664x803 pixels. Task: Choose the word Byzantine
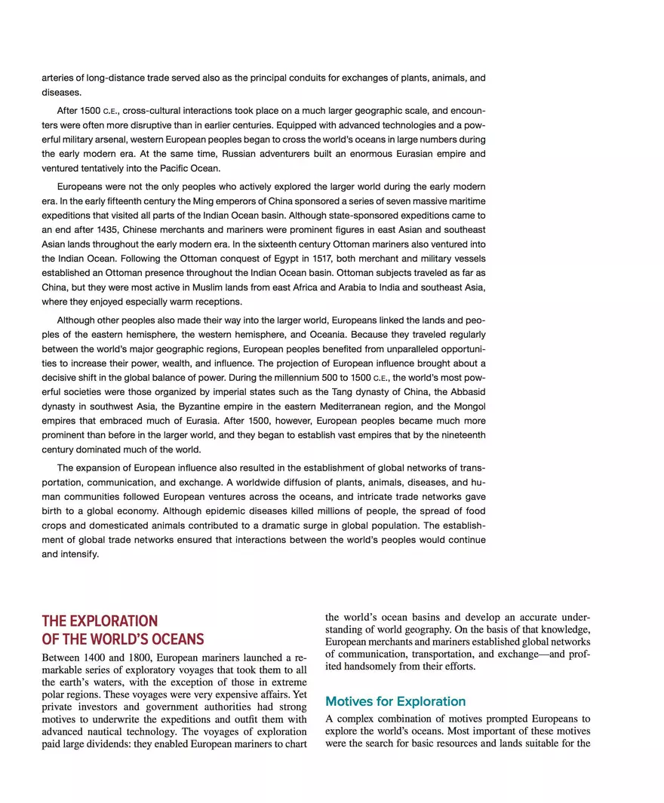point(190,406)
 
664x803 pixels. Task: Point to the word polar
point(54,694)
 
